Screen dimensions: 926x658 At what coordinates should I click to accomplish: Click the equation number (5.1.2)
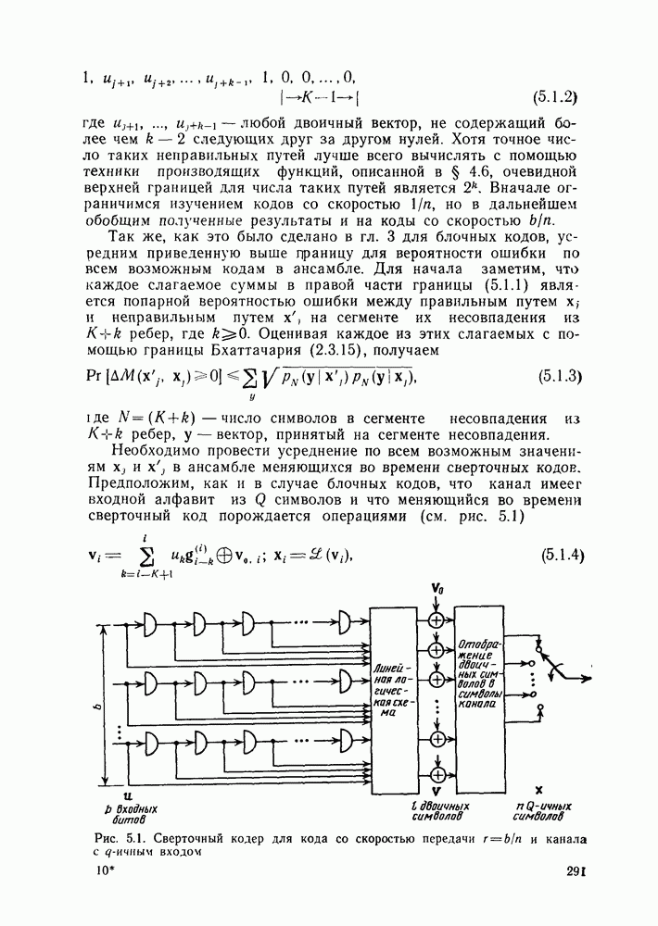[556, 95]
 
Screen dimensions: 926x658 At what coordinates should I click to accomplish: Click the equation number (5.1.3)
[559, 376]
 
